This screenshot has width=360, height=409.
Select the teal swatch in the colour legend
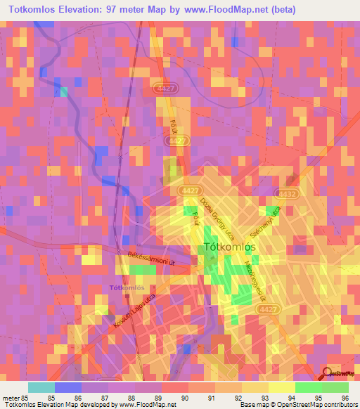coord(41,387)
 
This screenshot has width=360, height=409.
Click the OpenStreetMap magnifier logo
coord(327,374)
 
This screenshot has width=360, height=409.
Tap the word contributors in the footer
coord(342,405)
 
